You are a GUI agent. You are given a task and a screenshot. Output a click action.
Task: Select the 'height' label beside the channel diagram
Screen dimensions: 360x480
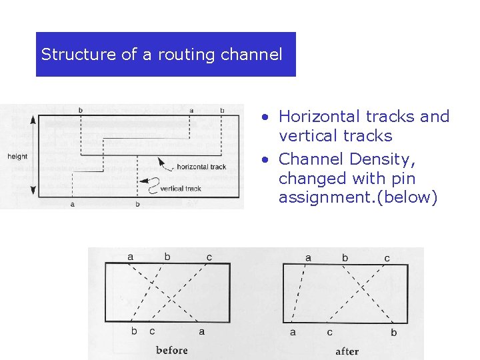point(17,157)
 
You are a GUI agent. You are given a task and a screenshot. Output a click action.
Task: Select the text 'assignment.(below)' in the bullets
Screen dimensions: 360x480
point(357,197)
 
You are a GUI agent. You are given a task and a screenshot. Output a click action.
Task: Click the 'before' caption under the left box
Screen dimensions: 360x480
point(172,350)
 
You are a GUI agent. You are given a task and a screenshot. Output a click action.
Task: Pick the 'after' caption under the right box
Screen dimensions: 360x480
point(347,351)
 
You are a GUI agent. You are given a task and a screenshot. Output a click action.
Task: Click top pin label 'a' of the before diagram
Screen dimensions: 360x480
point(130,257)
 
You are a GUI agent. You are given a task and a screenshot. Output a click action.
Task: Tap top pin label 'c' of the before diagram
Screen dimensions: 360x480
point(209,257)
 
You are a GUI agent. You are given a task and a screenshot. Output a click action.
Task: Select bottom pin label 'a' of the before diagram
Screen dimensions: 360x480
point(202,331)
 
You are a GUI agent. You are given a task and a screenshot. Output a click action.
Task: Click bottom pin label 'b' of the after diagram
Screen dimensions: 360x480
point(394,332)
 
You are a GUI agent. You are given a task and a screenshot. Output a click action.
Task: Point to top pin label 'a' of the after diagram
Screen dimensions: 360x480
point(307,257)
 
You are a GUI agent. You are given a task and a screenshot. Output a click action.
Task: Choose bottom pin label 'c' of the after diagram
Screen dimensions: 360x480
point(329,332)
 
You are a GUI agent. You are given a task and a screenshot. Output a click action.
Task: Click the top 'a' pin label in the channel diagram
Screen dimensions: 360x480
point(191,109)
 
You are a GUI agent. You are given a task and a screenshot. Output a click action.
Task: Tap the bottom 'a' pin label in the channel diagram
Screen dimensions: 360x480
point(72,204)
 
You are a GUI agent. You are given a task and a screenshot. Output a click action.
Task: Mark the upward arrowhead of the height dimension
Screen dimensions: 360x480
point(31,118)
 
